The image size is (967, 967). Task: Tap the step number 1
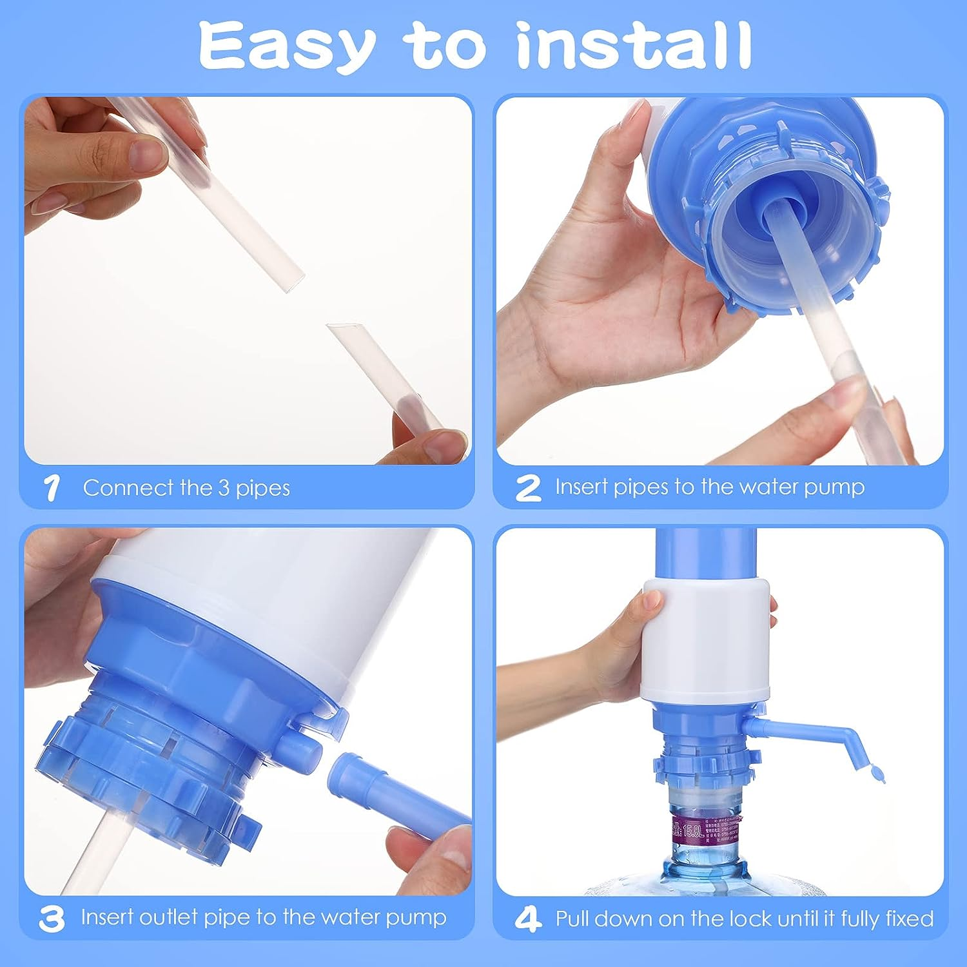pyautogui.click(x=52, y=488)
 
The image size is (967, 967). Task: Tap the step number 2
pyautogui.click(x=528, y=488)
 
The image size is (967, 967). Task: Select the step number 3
pyautogui.click(x=52, y=919)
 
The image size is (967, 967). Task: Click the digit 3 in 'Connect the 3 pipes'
pyautogui.click(x=223, y=488)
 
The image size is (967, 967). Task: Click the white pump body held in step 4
pyautogui.click(x=706, y=638)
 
